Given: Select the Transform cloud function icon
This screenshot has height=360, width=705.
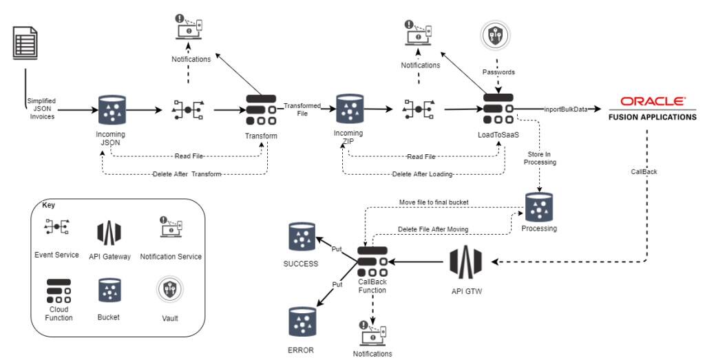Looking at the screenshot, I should (261, 108).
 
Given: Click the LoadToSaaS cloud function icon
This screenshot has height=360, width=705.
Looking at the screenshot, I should (498, 108).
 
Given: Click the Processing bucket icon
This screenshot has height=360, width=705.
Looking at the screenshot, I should (538, 206).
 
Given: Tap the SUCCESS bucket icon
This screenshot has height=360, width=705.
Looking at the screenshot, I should (302, 237).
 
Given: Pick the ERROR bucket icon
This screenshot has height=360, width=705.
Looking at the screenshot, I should (302, 321).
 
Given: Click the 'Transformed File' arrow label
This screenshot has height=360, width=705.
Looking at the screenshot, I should (302, 109).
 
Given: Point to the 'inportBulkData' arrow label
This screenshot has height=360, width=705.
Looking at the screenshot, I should (565, 108).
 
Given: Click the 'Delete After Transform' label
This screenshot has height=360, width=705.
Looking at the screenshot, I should (187, 174).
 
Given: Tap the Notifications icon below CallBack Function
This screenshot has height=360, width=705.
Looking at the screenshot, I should (372, 335).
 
